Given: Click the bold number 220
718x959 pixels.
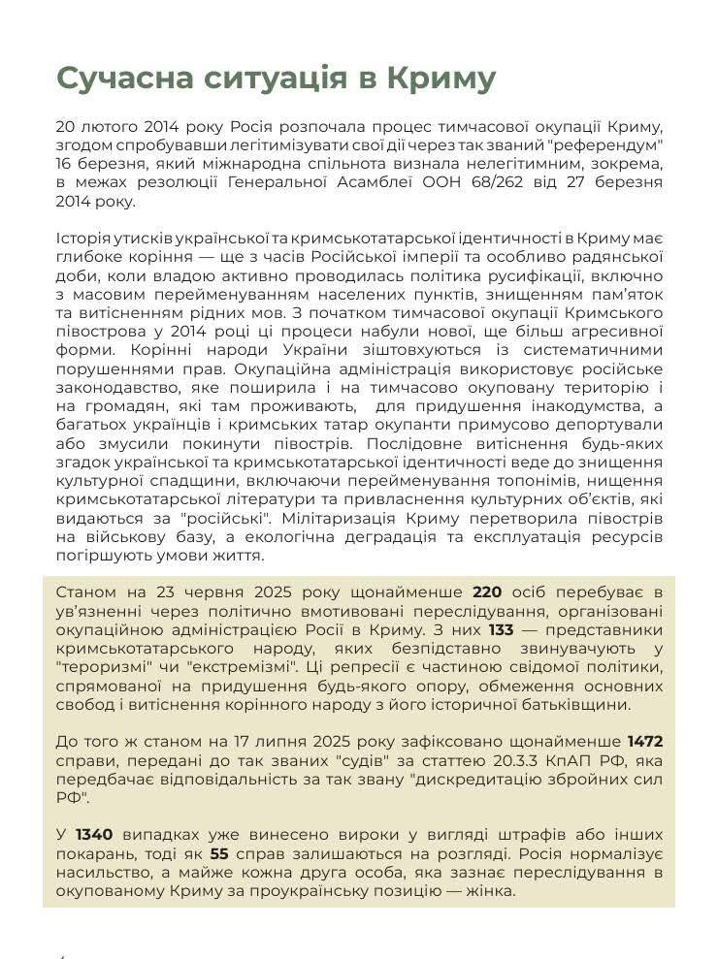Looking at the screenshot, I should pos(488,591).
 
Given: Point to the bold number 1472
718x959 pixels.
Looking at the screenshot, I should pos(644,742).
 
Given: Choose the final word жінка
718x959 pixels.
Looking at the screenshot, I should pos(495,893).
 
